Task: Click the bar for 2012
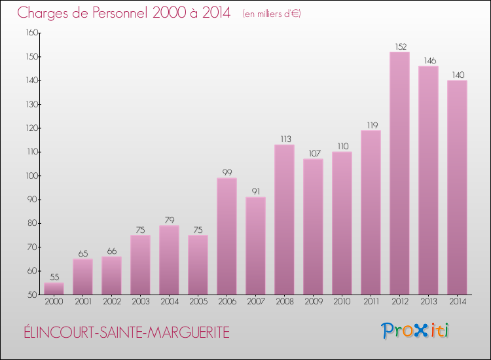[399, 173]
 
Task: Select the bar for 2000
[54, 289]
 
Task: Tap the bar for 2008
[284, 219]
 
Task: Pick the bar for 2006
[227, 236]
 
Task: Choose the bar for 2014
[457, 187]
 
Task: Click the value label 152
[399, 46]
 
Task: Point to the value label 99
[227, 173]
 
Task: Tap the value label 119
[371, 125]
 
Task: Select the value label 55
[54, 278]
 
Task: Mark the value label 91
[255, 192]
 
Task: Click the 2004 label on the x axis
[169, 302]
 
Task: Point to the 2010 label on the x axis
[342, 302]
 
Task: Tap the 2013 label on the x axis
[428, 302]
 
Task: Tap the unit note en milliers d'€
[272, 14]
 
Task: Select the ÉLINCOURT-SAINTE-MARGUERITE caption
[124, 333]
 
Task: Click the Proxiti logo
[416, 331]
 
